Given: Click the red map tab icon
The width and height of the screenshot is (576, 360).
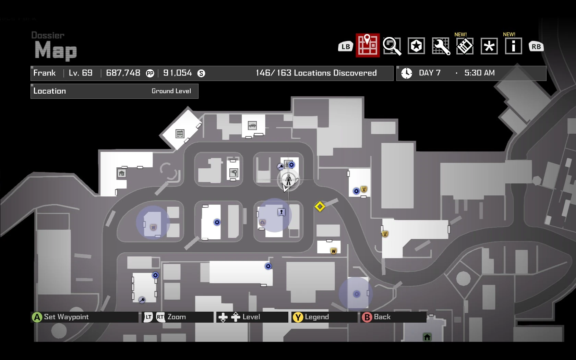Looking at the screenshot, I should coord(368,45).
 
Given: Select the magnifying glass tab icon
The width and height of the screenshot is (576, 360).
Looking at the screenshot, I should coord(392,46).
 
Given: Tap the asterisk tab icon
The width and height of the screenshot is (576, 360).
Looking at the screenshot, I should coord(489,46).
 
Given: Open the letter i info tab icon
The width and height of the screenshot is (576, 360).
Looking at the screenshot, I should coord(513,46).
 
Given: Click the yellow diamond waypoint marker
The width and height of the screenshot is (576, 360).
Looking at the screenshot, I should coord(320,207).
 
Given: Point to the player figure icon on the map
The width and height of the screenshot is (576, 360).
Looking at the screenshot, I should coord(288,179).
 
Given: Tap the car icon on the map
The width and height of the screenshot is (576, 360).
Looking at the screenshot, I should coord(252,125).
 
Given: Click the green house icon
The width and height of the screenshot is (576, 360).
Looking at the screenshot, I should coord(427,337).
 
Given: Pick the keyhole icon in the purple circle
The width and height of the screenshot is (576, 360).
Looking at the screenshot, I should coord(281,212).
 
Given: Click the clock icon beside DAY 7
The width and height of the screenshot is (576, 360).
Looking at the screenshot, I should coord(407,73).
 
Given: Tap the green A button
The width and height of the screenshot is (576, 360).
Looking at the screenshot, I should coord(37,317).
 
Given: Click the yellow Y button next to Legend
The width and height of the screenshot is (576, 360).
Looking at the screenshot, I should coord(298,317).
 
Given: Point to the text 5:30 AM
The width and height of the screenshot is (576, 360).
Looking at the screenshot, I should coord(479,73).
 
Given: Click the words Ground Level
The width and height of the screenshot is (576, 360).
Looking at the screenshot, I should coord(171,91).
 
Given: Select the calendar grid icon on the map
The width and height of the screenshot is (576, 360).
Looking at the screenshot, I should coord(180,134).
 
